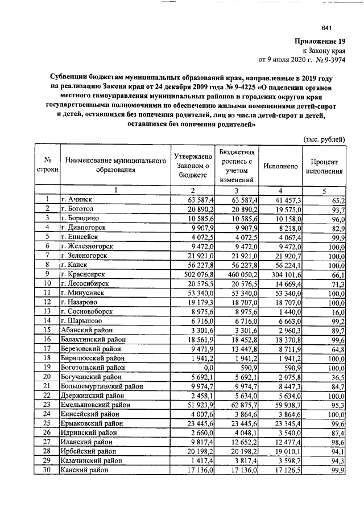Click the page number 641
coord(326,28)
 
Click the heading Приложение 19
coord(320,41)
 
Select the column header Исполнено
coord(280,166)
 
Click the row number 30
coord(48,471)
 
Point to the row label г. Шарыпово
coord(85,321)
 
